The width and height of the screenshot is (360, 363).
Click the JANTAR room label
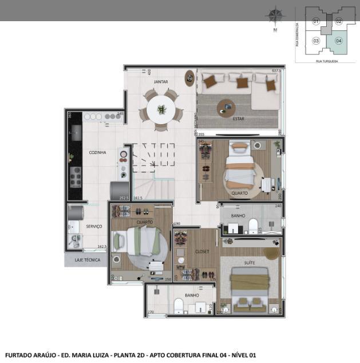pyautogui.click(x=161, y=82)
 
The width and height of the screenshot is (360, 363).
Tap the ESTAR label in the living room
pyautogui.click(x=239, y=119)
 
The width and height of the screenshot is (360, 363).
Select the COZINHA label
pyautogui.click(x=97, y=152)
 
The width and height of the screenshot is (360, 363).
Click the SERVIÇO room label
pyautogui.click(x=94, y=226)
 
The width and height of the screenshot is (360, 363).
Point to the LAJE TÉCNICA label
pyautogui.click(x=87, y=260)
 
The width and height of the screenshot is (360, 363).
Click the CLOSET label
pyautogui.click(x=202, y=251)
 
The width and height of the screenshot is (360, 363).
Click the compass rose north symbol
pyautogui.click(x=276, y=15)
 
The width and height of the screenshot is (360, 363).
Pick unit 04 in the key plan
pyautogui.click(x=339, y=41)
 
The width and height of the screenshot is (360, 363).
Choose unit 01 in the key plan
pyautogui.click(x=315, y=21)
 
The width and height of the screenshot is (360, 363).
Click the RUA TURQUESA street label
pyautogui.click(x=327, y=60)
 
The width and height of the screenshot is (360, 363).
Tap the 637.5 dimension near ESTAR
pyautogui.click(x=276, y=70)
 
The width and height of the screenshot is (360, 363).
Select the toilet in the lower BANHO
pyautogui.click(x=179, y=306)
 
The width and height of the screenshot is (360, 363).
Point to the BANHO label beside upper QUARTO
pyautogui.click(x=238, y=216)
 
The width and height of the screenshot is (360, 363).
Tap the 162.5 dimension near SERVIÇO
pyautogui.click(x=102, y=247)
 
